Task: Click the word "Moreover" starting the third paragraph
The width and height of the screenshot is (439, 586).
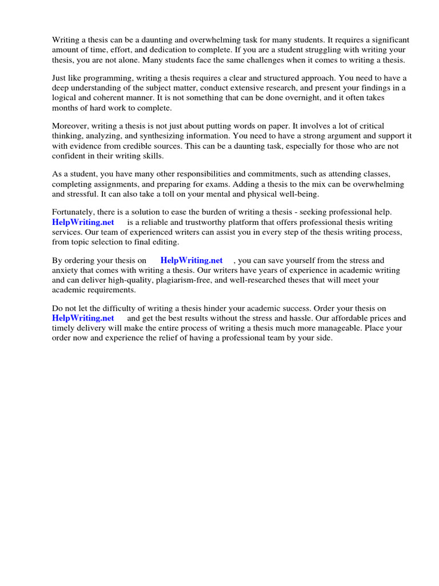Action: pyautogui.click(x=71, y=126)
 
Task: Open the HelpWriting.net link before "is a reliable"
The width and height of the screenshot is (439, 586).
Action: pyautogui.click(x=83, y=222)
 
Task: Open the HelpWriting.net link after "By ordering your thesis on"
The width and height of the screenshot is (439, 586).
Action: pyautogui.click(x=191, y=260)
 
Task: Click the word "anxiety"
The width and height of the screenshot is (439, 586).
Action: pyautogui.click(x=65, y=270)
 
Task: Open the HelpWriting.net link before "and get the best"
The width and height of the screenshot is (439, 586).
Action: pyautogui.click(x=83, y=318)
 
